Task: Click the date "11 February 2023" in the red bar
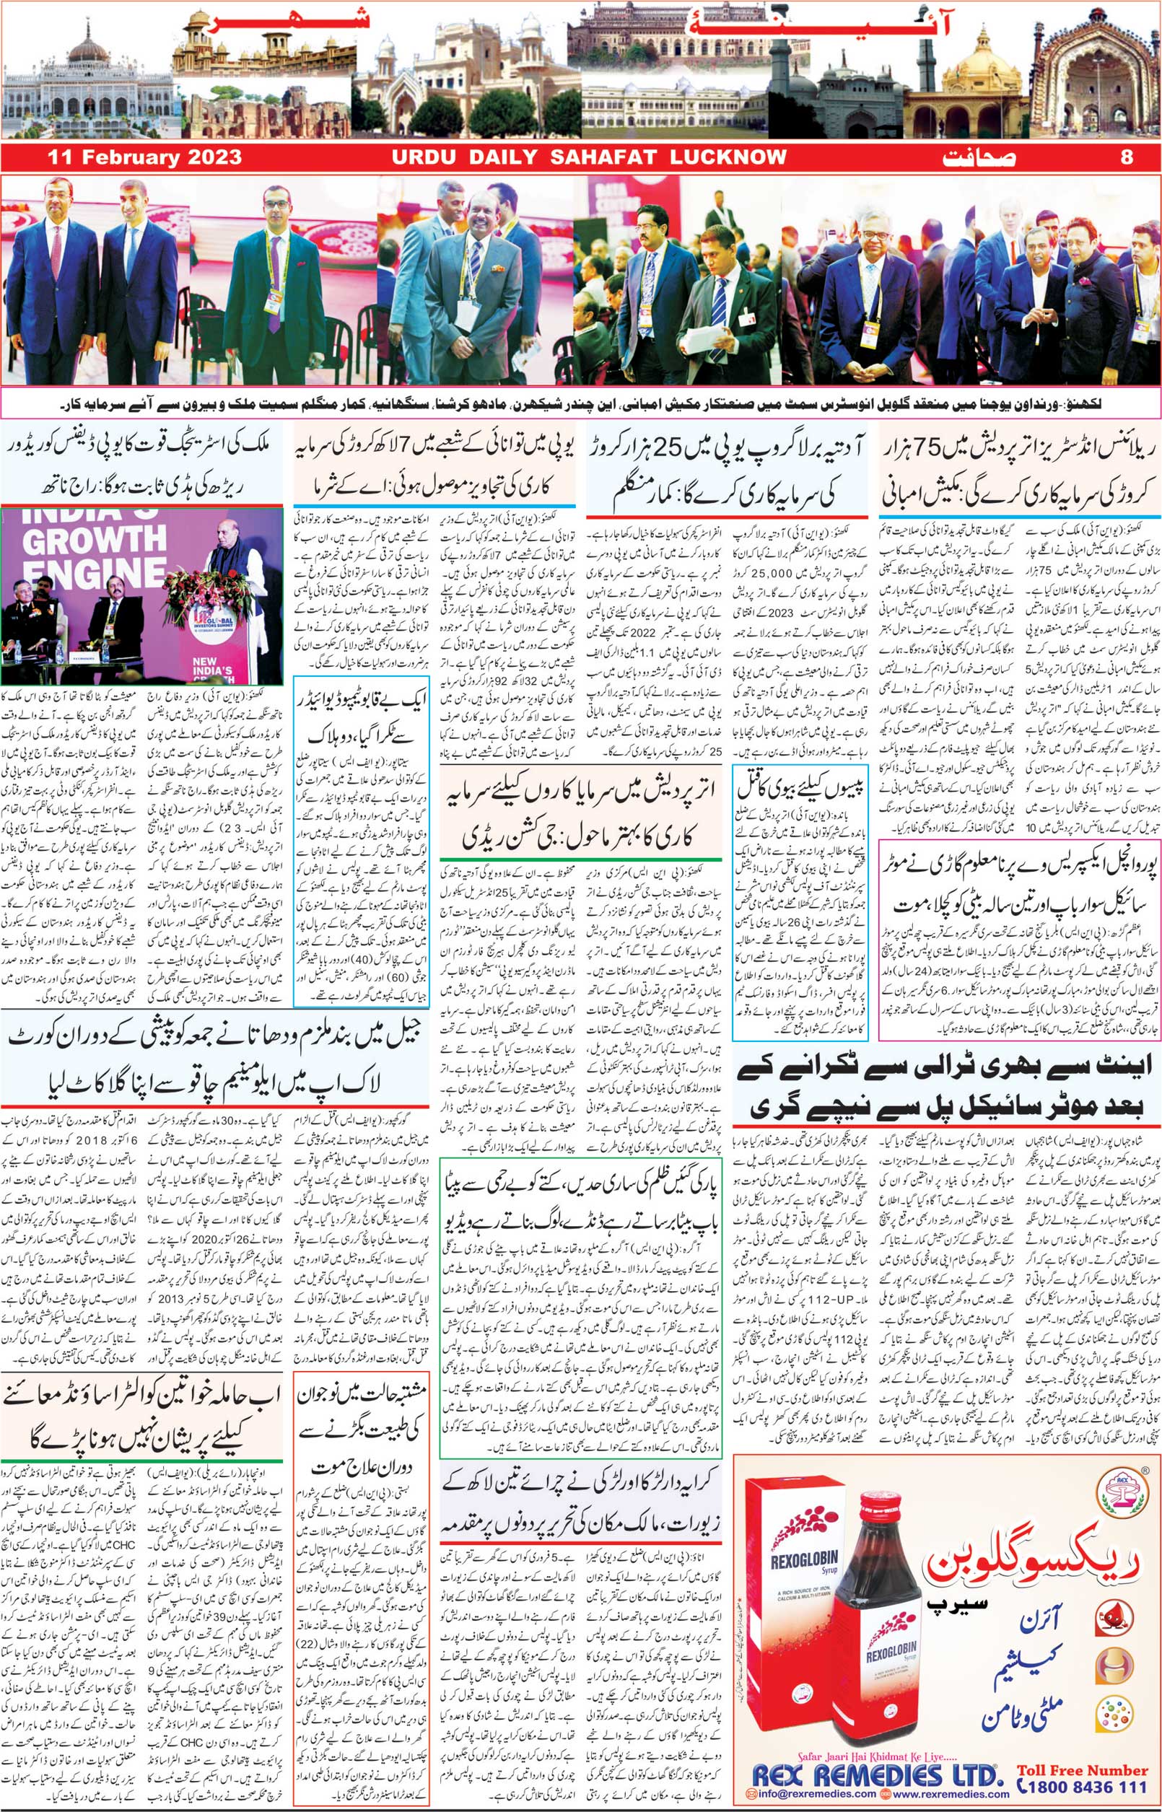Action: pos(144,157)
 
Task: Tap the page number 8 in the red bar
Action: pos(1127,157)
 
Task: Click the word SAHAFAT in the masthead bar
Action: pos(603,157)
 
